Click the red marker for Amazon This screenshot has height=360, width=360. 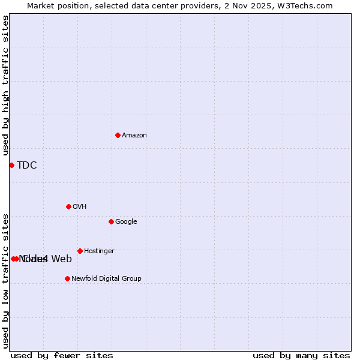pos(118,135)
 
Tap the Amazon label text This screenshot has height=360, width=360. pos(134,136)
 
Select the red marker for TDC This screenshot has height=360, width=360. pos(11,165)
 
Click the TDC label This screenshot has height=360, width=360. pos(27,166)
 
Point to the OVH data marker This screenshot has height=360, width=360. pos(68,206)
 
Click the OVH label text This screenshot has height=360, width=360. pos(80,207)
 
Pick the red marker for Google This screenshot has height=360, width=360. pos(111,221)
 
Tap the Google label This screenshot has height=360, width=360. pos(126,222)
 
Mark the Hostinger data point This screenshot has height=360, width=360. pos(80,251)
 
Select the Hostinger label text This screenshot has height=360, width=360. pos(99,251)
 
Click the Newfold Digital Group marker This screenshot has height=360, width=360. pos(67,278)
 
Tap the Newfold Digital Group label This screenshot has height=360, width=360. pos(106,279)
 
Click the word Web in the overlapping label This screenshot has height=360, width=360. pos(61,259)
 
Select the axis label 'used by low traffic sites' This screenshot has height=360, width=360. pos(6,280)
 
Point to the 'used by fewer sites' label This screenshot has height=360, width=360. pos(62,356)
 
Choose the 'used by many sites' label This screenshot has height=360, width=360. pos(301,356)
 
